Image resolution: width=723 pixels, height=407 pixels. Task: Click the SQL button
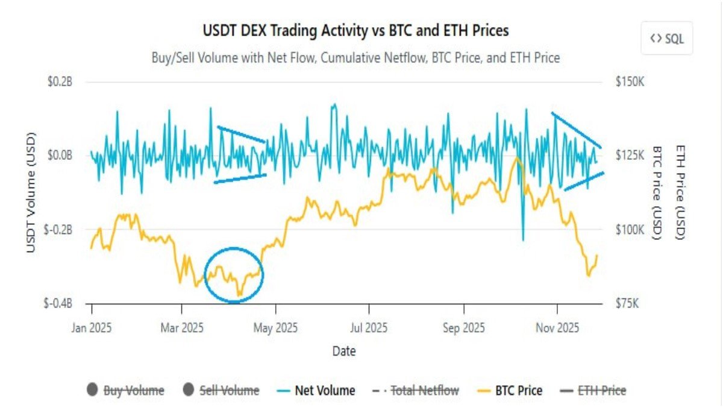(666, 39)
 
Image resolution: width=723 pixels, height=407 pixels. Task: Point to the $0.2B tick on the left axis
(60, 82)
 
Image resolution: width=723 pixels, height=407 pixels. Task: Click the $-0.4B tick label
(58, 304)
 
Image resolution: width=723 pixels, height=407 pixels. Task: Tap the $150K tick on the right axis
(630, 82)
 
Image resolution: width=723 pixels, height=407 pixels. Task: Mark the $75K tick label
(627, 304)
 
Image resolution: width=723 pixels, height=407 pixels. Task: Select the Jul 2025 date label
(368, 328)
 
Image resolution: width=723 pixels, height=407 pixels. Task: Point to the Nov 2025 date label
(557, 328)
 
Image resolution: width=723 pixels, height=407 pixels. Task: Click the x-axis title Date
(344, 351)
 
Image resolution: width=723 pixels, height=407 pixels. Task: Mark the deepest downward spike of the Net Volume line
(522, 240)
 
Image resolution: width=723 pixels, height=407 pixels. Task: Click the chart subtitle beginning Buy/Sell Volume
(355, 58)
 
